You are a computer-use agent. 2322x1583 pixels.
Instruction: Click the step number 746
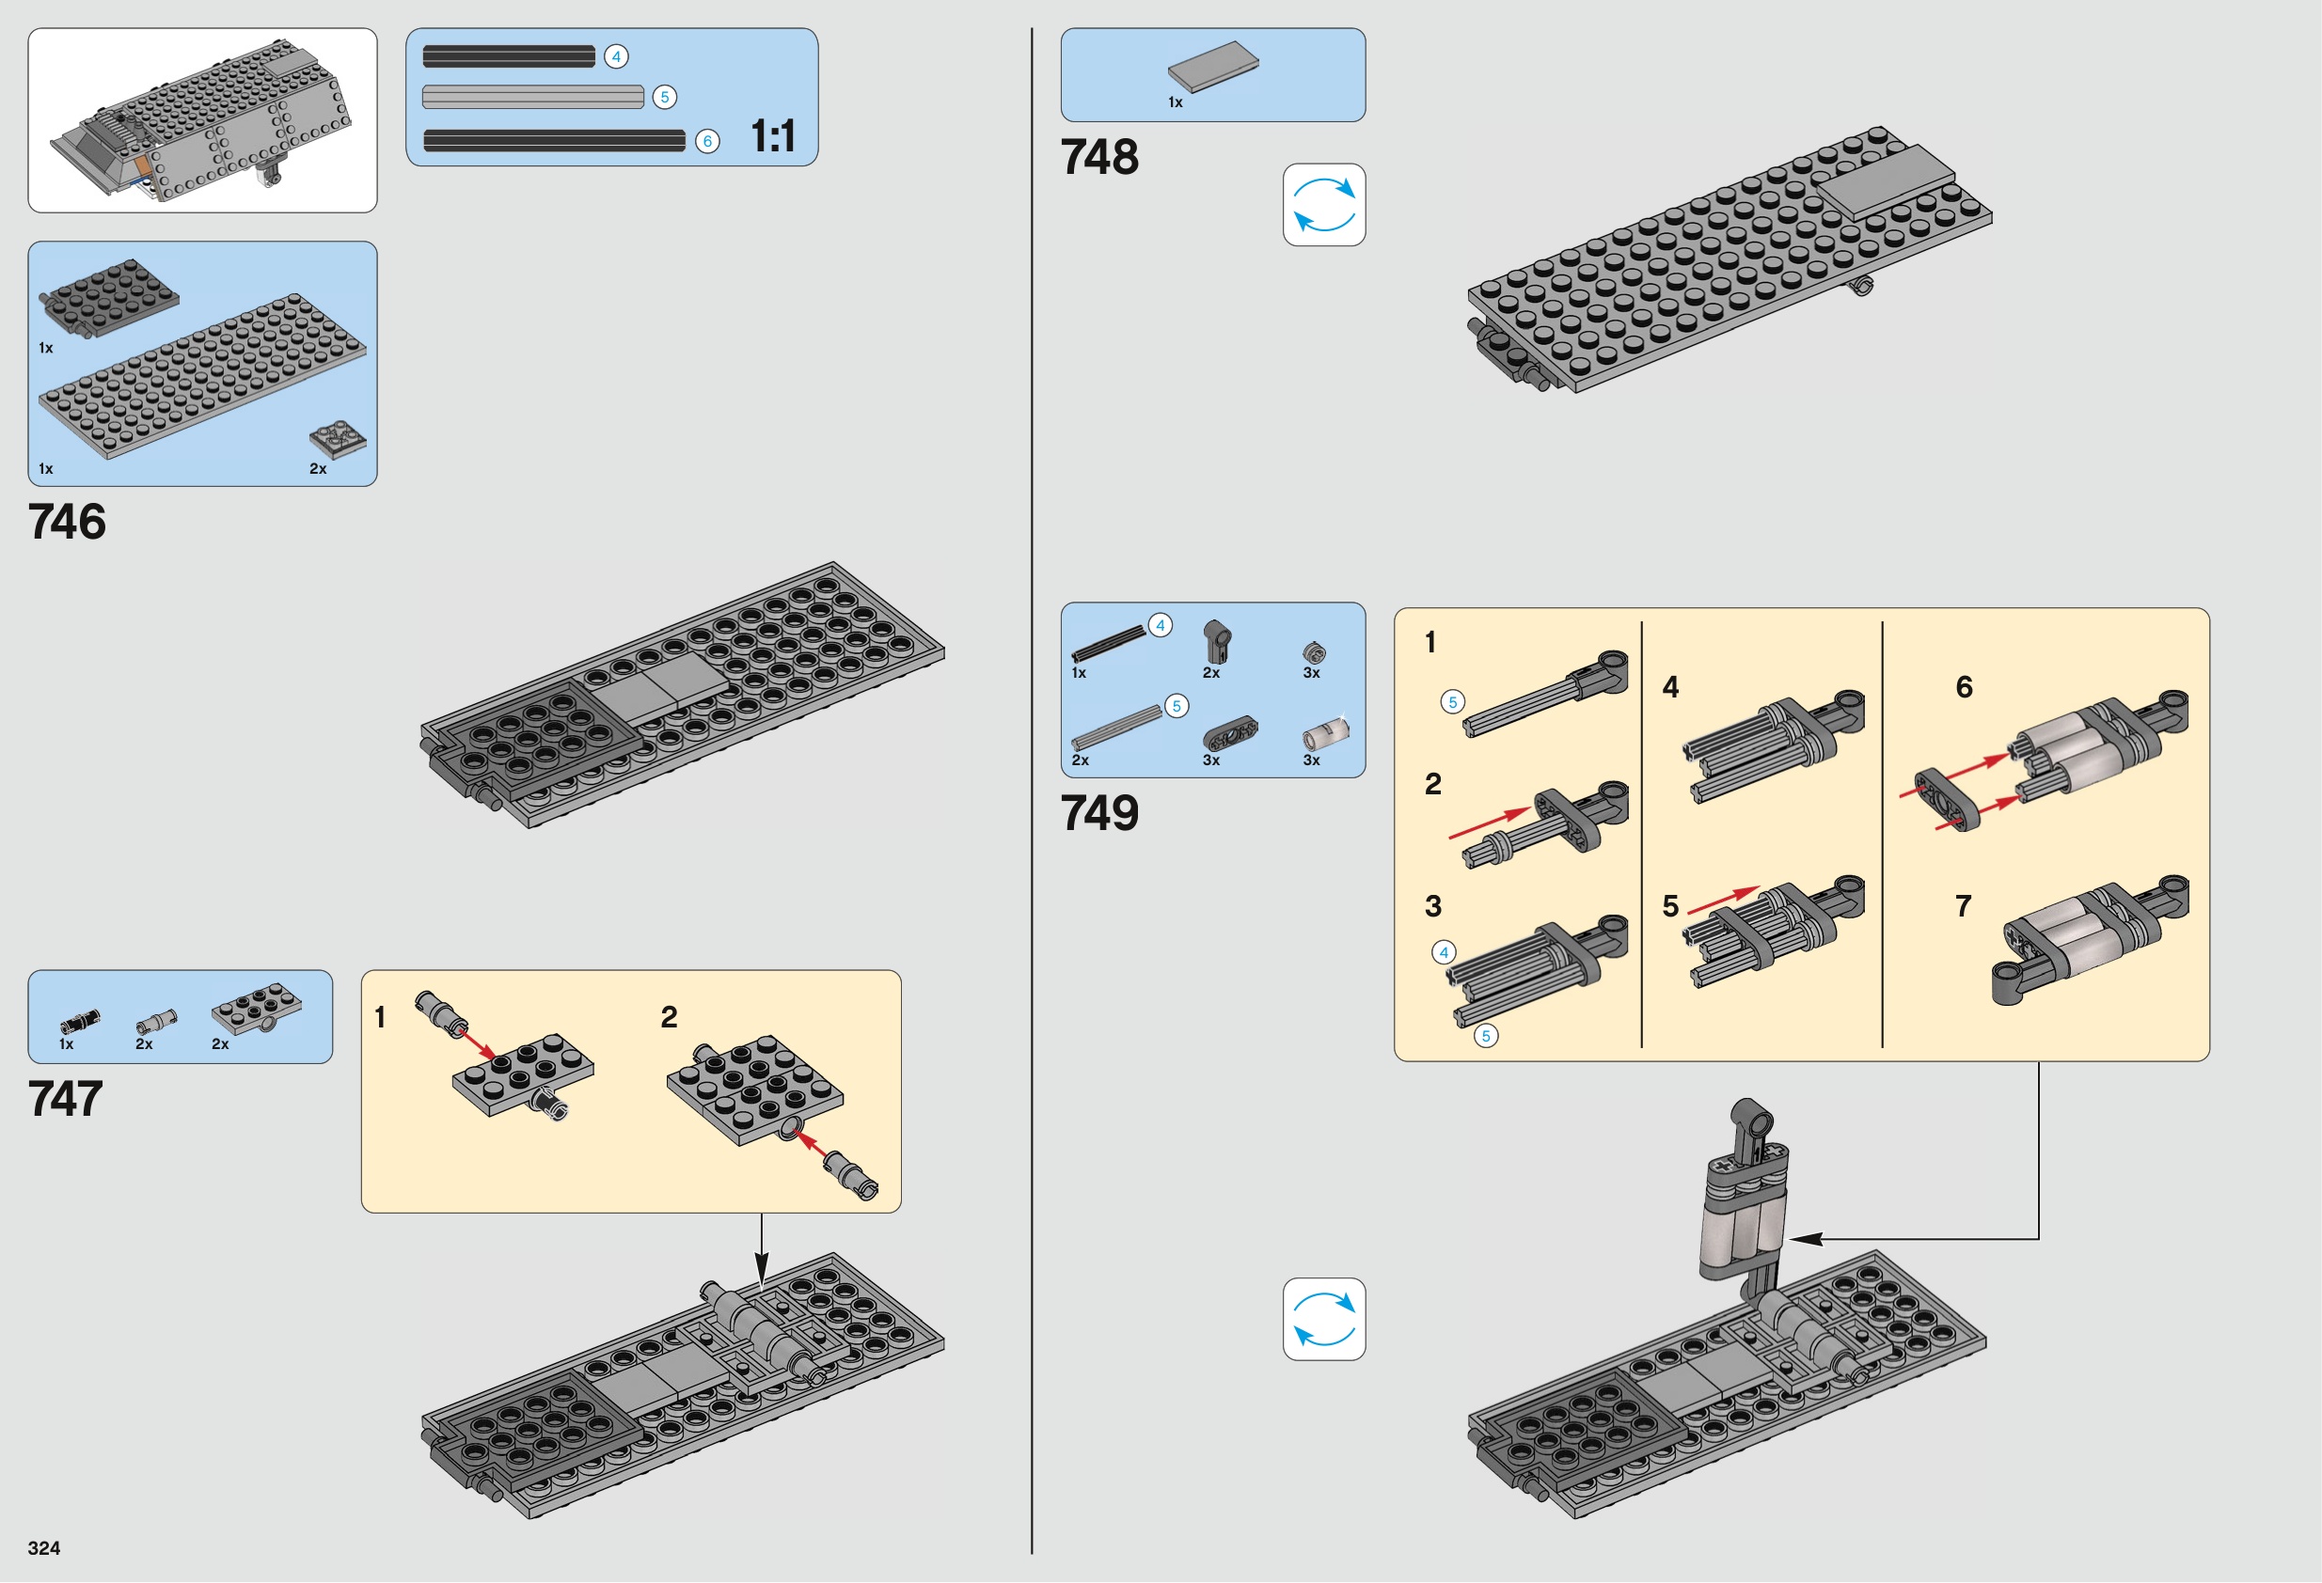[x=67, y=522]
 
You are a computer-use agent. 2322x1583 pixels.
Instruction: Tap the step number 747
[x=66, y=1099]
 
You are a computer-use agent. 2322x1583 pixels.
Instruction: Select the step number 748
[x=1099, y=157]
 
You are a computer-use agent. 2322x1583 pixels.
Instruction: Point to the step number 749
[x=1099, y=813]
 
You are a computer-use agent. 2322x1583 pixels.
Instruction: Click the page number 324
[x=44, y=1548]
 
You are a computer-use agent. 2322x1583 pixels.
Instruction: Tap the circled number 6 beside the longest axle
[x=707, y=142]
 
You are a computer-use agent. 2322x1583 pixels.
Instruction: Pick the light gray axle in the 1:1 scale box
[x=533, y=97]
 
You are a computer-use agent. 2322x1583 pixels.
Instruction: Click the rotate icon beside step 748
[x=1324, y=205]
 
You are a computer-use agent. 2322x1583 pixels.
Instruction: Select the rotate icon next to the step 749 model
[x=1324, y=1318]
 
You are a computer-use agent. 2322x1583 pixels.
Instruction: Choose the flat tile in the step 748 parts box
[x=1213, y=66]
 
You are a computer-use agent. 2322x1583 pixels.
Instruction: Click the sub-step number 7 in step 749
[x=1964, y=906]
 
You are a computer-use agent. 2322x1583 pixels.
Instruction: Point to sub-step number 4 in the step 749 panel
[x=1670, y=687]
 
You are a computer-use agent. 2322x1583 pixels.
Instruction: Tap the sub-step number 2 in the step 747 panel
[x=670, y=1017]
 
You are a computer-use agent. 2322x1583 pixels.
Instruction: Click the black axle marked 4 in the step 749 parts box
[x=1108, y=643]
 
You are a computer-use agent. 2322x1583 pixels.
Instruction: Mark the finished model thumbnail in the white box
[x=203, y=119]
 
